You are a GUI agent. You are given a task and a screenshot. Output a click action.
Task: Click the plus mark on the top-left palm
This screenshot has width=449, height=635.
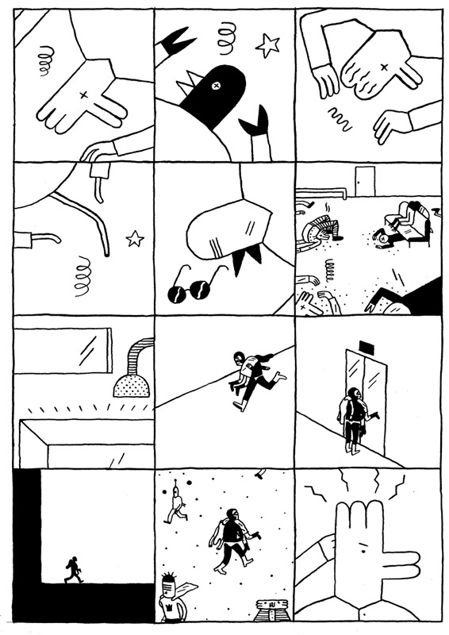[83, 95]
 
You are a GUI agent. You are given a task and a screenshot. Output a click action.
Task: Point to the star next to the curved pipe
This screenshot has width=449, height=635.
[135, 237]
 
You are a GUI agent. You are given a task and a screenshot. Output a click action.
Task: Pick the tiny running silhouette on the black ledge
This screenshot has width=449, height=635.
[72, 569]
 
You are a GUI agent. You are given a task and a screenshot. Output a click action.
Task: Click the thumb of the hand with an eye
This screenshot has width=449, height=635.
[393, 570]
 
